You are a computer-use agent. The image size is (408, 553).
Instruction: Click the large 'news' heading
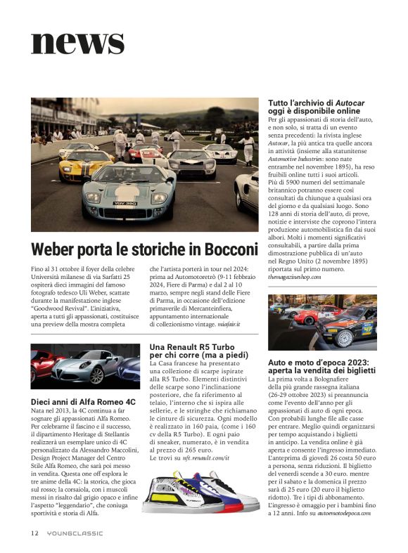pyautogui.click(x=77, y=42)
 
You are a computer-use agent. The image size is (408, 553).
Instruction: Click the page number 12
pyautogui.click(x=34, y=533)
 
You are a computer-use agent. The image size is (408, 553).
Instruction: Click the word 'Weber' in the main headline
pyautogui.click(x=58, y=249)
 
